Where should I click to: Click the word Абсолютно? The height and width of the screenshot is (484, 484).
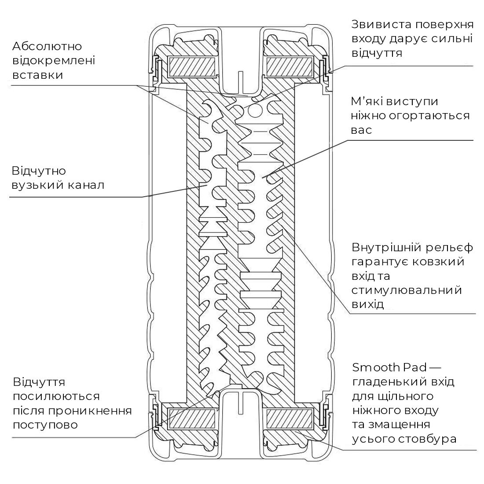pyautogui.click(x=48, y=46)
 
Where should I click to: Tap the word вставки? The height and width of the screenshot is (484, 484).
pyautogui.click(x=37, y=75)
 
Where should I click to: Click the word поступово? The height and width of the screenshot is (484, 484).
pyautogui.click(x=45, y=425)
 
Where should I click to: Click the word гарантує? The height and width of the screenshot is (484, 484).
pyautogui.click(x=380, y=262)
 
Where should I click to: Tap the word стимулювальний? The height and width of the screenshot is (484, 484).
pyautogui.click(x=407, y=290)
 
